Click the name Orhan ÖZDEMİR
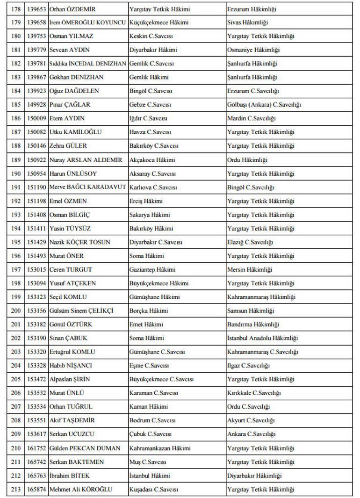pyautogui.click(x=72, y=9)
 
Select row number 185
pyautogui.click(x=16, y=105)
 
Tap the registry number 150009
pyautogui.click(x=36, y=118)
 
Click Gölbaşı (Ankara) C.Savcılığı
pyautogui.click(x=264, y=105)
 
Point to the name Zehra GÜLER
pyautogui.click(x=68, y=146)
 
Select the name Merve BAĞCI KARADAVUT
pyautogui.click(x=87, y=187)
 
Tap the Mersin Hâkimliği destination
pyautogui.click(x=250, y=269)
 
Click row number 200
pyautogui.click(x=16, y=310)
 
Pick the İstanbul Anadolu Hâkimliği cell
pyautogui.click(x=262, y=338)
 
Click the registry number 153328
pyautogui.click(x=36, y=366)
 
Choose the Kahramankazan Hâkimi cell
pyautogui.click(x=160, y=448)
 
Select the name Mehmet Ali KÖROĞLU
pyautogui.click(x=81, y=489)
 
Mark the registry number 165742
pyautogui.click(x=36, y=462)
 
